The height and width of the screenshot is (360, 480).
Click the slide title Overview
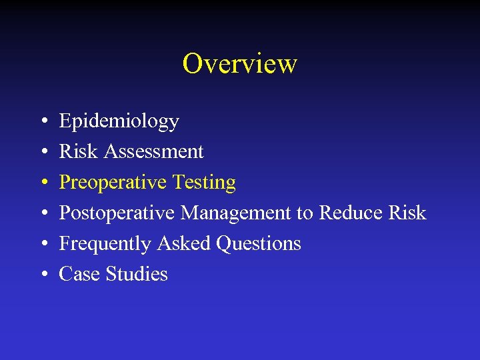click(x=239, y=64)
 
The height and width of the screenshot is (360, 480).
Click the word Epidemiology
click(x=119, y=121)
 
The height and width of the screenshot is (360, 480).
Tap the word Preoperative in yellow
click(x=113, y=182)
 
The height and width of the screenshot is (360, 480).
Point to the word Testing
click(x=204, y=182)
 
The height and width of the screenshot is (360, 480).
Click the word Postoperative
click(x=117, y=213)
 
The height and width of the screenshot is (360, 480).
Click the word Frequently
click(x=105, y=244)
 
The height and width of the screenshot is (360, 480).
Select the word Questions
click(x=259, y=244)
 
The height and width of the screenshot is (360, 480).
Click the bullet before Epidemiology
click(x=42, y=121)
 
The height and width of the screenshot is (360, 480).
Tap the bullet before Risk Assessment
click(x=42, y=152)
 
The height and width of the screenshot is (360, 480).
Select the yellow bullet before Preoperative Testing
click(x=42, y=183)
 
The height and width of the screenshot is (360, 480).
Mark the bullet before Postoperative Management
click(x=42, y=213)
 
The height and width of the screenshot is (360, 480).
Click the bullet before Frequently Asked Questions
click(x=42, y=244)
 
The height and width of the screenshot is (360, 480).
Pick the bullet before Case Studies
click(x=42, y=275)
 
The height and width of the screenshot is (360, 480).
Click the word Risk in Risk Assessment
click(x=79, y=151)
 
